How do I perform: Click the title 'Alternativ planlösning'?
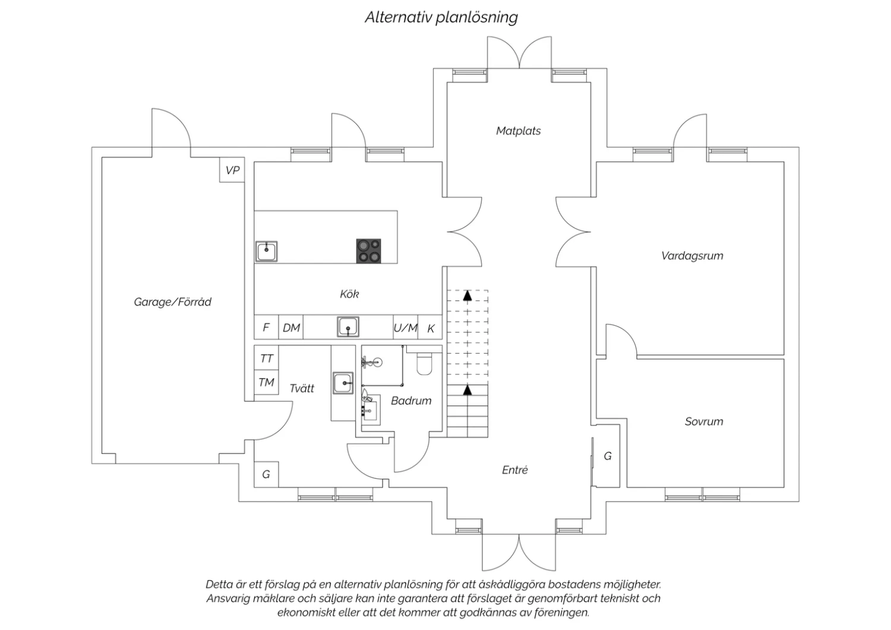pyautogui.click(x=441, y=18)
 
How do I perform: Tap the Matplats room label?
pyautogui.click(x=519, y=131)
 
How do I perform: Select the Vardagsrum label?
pyautogui.click(x=692, y=256)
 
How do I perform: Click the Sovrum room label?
pyautogui.click(x=704, y=421)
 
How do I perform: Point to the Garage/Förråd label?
pyautogui.click(x=172, y=302)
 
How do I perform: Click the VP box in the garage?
pyautogui.click(x=232, y=170)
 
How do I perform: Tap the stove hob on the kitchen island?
pyautogui.click(x=368, y=251)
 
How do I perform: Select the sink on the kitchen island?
pyautogui.click(x=266, y=251)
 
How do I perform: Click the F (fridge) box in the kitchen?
pyautogui.click(x=266, y=327)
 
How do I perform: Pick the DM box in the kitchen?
pyautogui.click(x=291, y=327)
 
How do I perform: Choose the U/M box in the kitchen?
pyautogui.click(x=405, y=327)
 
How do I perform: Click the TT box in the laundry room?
pyautogui.click(x=266, y=358)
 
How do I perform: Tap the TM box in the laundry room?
pyautogui.click(x=266, y=382)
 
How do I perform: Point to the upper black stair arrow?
pyautogui.click(x=467, y=295)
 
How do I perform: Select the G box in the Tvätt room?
pyautogui.click(x=266, y=474)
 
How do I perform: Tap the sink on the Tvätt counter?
pyautogui.click(x=343, y=383)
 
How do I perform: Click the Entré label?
pyautogui.click(x=515, y=470)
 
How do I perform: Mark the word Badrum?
pyautogui.click(x=411, y=401)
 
